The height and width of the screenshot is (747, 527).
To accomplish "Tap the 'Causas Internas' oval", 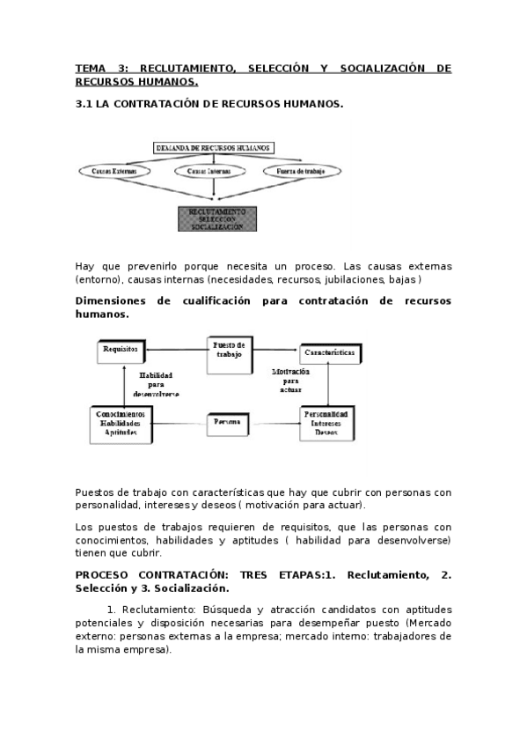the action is coord(214,170).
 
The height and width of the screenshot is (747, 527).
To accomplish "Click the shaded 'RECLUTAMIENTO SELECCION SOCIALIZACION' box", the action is coord(216,218).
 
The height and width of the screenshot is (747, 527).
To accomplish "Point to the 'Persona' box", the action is coord(228,424).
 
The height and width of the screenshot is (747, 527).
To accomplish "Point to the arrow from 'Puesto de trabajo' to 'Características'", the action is coord(274,349).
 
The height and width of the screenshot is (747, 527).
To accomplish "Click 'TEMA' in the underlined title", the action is coord(91,68).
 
